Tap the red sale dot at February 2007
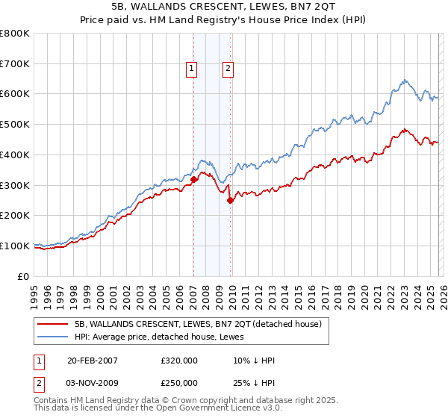194,179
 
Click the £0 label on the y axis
24,276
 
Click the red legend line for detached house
52,324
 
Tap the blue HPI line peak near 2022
403,79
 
